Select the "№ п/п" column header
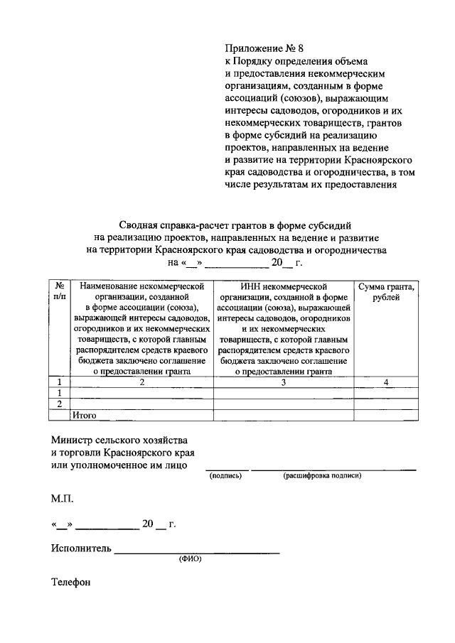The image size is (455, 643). (x=60, y=291)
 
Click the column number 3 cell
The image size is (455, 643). (x=284, y=382)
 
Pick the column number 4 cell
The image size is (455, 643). (x=386, y=382)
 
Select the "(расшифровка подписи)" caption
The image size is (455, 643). (x=322, y=476)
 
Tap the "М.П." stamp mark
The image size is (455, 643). (x=62, y=499)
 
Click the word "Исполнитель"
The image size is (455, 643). (x=81, y=549)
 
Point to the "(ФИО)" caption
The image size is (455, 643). (x=190, y=558)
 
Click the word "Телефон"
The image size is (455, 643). (x=71, y=583)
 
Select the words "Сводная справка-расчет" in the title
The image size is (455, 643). (x=165, y=225)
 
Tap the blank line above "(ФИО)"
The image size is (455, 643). (x=197, y=552)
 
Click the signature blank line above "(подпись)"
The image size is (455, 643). (x=227, y=469)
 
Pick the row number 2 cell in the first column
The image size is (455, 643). (x=60, y=404)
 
